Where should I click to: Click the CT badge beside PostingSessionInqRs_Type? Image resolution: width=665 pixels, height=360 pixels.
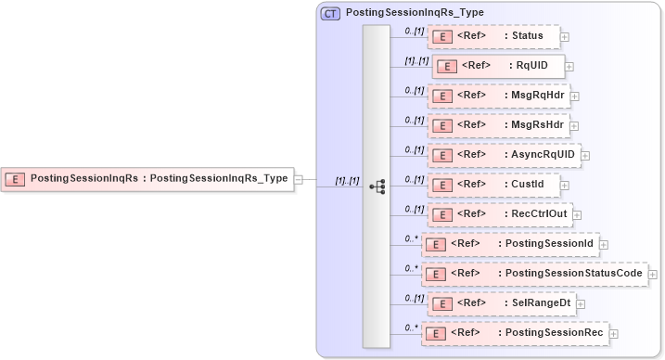tap(330, 13)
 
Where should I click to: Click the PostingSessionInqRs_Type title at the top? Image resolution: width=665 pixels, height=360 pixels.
tap(414, 13)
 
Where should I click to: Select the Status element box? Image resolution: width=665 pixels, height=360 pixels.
tap(493, 36)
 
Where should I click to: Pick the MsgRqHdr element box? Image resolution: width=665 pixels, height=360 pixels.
tap(498, 95)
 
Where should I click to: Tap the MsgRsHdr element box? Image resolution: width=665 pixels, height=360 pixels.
tap(498, 124)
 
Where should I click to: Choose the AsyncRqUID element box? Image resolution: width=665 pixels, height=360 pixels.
tap(503, 154)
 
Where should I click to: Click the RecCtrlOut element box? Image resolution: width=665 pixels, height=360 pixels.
tap(499, 213)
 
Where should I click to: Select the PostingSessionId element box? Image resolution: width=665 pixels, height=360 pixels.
tap(510, 243)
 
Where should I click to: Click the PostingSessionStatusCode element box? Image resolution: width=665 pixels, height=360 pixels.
tap(534, 273)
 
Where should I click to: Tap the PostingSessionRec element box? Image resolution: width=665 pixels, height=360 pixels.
tap(515, 332)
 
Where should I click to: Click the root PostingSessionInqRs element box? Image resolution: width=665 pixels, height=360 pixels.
tap(147, 178)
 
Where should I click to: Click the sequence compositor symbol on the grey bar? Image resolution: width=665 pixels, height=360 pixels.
tap(377, 186)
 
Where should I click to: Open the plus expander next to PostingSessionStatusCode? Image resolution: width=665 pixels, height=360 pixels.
tap(653, 274)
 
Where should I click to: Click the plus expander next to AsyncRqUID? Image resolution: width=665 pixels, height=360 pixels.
tap(585, 155)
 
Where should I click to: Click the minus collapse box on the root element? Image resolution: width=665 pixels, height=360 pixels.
tap(299, 178)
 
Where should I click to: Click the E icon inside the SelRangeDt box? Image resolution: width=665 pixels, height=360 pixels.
tap(441, 303)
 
